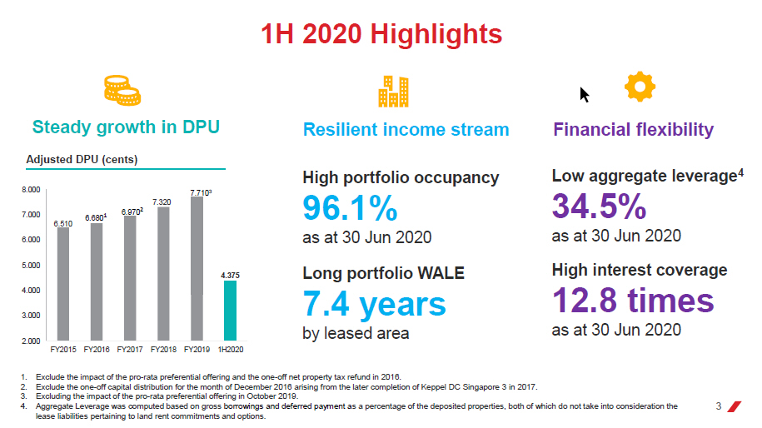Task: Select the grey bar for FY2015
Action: [63, 283]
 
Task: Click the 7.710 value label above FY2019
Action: [200, 192]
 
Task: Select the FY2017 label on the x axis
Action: [131, 350]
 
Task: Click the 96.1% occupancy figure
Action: [350, 210]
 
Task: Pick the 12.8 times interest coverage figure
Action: [633, 301]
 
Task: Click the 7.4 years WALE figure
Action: [374, 305]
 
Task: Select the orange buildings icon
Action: [394, 92]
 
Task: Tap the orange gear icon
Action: [640, 87]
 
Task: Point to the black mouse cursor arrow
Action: [585, 94]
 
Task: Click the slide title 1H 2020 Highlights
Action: [381, 34]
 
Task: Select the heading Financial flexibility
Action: [633, 130]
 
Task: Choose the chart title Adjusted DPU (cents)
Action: [82, 159]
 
